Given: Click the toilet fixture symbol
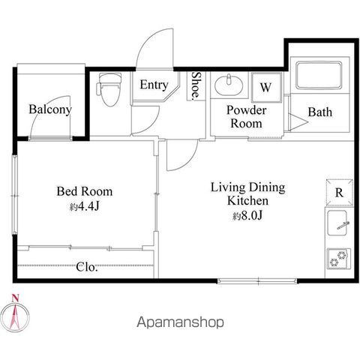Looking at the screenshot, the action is coord(109,89).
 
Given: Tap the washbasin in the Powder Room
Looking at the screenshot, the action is coord(229,85).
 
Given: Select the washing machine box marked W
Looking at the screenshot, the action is coord(266,87).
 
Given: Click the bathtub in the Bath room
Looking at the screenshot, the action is coord(319,76).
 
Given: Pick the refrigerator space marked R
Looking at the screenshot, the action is coord(339,193).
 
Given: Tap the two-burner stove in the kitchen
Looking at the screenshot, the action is coord(338,259).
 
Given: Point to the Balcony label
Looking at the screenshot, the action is coord(50,109).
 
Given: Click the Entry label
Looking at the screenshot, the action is coord(154,85).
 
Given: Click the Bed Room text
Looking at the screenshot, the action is coord(85,191).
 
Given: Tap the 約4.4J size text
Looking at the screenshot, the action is coord(85,206).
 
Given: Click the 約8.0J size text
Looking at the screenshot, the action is coord(247,215).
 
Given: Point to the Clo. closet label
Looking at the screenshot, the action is coord(87,267).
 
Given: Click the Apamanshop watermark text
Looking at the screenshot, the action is coord(180,322).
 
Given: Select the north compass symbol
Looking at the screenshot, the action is coord(15,317).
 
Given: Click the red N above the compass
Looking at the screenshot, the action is coord(15,298).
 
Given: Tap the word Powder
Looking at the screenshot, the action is coord(246,110).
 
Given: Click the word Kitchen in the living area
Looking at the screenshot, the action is coord(247,201).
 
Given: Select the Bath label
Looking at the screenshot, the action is coord(320,112).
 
